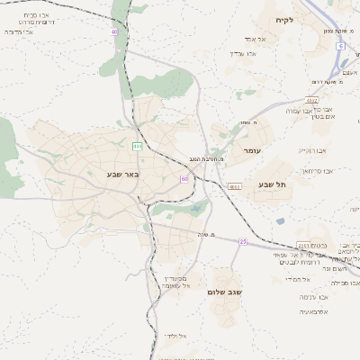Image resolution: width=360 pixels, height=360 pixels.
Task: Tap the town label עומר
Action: click(x=251, y=150)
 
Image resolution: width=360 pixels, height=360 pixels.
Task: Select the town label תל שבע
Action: click(x=271, y=184)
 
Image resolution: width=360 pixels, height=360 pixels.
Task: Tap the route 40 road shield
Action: click(x=114, y=31)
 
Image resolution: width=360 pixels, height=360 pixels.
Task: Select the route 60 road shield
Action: click(x=184, y=178)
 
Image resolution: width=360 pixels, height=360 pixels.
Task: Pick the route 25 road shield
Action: click(x=243, y=241)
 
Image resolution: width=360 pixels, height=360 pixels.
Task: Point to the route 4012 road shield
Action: click(x=311, y=101)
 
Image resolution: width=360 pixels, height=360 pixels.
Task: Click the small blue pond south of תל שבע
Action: click(x=280, y=220)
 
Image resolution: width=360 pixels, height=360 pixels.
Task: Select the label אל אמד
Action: click(x=251, y=40)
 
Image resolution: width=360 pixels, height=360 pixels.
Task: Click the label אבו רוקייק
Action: click(x=311, y=149)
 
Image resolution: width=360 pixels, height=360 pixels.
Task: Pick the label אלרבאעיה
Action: click(x=314, y=311)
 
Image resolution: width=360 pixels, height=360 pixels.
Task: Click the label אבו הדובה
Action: click(x=20, y=31)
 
